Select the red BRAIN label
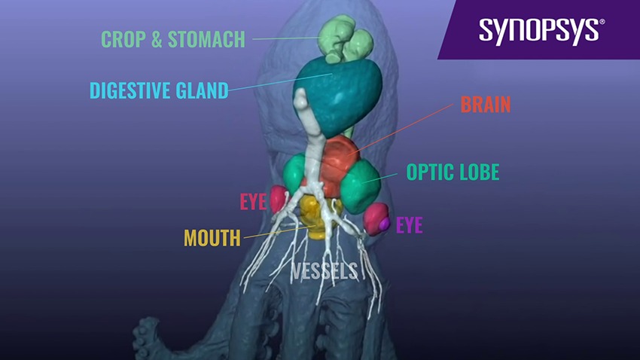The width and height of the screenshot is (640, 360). [x=486, y=105]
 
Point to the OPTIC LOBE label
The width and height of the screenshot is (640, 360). [x=453, y=172]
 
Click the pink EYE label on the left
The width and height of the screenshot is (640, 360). [x=253, y=202]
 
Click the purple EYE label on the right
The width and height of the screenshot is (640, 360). [x=409, y=225]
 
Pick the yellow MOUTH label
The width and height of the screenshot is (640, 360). [x=212, y=239]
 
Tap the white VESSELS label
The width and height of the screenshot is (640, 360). [x=325, y=271]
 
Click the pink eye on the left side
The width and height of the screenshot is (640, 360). [x=279, y=200]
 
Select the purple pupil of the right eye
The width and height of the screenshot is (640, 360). [x=384, y=224]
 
